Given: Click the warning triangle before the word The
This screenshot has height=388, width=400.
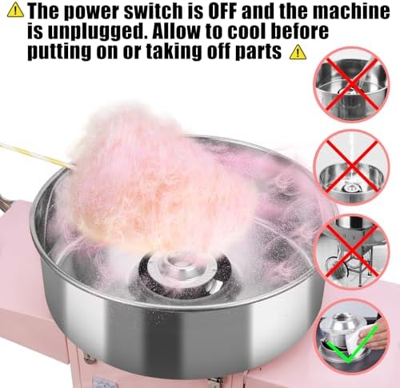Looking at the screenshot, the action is [15, 10].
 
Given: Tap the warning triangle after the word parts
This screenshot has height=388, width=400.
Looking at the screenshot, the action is [298, 52].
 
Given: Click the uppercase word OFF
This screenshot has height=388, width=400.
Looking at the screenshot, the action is [223, 11].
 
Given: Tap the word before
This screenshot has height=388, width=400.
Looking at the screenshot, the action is [299, 31].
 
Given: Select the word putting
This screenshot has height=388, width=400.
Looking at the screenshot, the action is [59, 53].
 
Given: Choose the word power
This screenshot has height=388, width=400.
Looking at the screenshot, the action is [96, 13].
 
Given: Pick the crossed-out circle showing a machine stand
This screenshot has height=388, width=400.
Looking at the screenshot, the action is [351, 251].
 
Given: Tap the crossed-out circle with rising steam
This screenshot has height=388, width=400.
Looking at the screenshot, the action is [351, 167].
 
